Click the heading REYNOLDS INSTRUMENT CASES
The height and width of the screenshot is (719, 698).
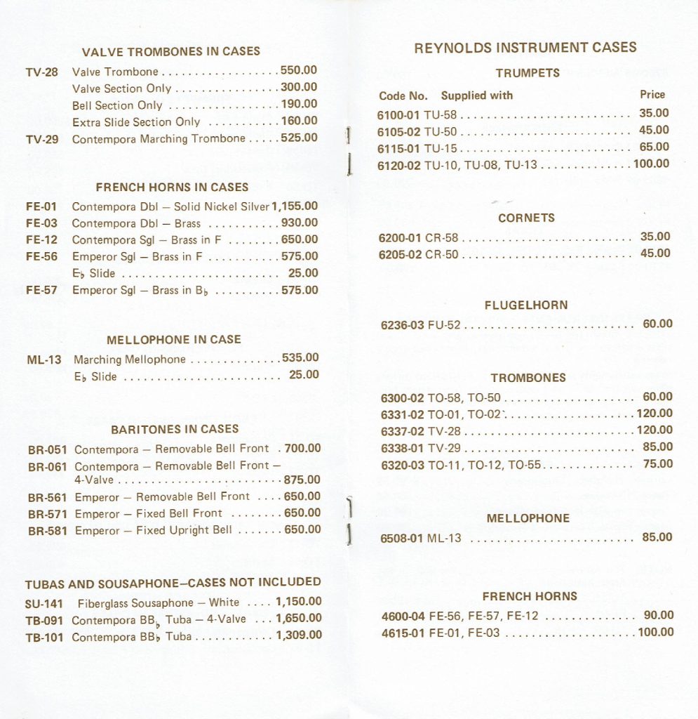pos(525,48)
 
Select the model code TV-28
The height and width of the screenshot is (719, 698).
pos(42,72)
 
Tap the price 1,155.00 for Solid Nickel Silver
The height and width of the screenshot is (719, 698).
pos(295,206)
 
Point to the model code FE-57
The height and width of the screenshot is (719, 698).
pos(42,290)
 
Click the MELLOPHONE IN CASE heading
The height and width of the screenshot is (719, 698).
pos(173,340)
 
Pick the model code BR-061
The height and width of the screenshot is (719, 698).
pos(48,467)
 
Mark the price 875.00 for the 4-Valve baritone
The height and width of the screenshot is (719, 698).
pos(302,480)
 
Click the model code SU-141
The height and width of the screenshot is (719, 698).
pos(44,603)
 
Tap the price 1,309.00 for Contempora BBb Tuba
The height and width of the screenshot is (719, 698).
pos(299,635)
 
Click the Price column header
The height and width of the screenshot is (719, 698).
pos(652,95)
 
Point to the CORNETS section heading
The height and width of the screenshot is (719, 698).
pos(526,218)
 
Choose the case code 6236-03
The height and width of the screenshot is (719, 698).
pos(403,325)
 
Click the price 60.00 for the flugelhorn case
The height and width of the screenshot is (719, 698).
pos(657,324)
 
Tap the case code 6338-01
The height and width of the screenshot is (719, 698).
pos(403,448)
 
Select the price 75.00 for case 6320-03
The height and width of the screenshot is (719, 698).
pos(657,463)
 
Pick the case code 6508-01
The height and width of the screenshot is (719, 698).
pos(402,539)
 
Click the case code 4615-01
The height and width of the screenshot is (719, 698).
pos(403,633)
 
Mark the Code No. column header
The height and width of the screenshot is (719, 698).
pos(403,95)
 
